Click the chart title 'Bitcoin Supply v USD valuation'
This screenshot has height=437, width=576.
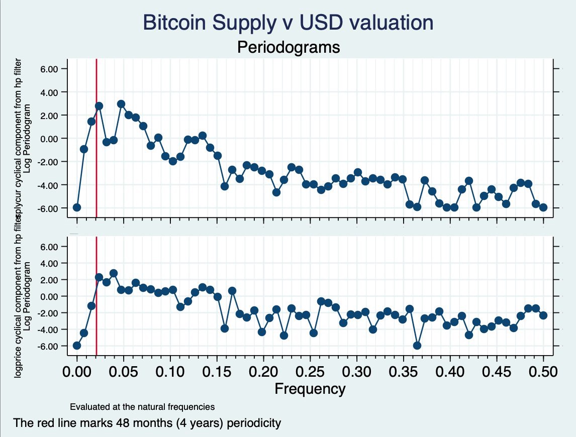tap(287, 23)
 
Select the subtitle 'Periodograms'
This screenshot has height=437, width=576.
tap(289, 47)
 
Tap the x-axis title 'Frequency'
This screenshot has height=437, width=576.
tap(310, 388)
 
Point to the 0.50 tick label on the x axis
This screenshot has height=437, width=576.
tap(543, 372)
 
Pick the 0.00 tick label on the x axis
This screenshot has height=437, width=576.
tap(77, 372)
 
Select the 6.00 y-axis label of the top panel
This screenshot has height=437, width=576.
tap(50, 69)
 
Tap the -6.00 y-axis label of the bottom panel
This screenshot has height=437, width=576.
tap(49, 346)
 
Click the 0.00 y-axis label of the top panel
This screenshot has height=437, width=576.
tap(50, 139)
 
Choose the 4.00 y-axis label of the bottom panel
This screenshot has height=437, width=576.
tap(50, 263)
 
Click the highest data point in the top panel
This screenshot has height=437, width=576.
tap(121, 104)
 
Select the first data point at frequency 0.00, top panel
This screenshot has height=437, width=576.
tap(77, 207)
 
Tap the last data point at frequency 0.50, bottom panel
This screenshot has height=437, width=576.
tap(543, 315)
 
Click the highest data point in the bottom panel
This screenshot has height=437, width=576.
tap(114, 273)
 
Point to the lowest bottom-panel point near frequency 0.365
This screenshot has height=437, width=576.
tap(417, 346)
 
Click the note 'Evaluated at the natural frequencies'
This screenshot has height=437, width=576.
tap(142, 406)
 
